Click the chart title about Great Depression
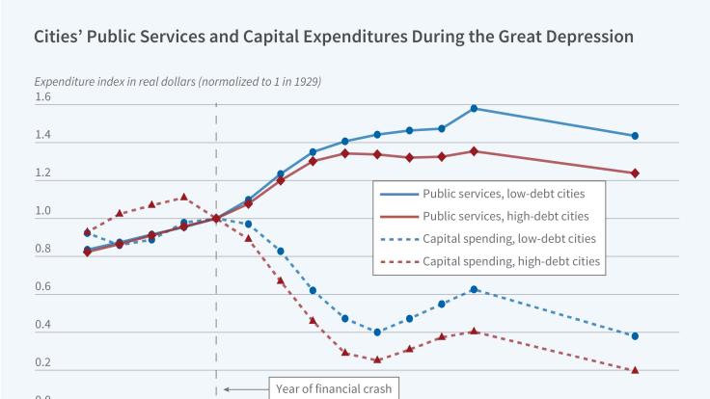coord(334,38)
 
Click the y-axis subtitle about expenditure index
coord(177,81)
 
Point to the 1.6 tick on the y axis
coord(42,98)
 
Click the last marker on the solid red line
coord(635,173)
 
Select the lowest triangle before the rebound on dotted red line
coord(377,360)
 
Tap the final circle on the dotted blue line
coord(635,336)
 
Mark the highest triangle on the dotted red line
coord(183,197)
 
